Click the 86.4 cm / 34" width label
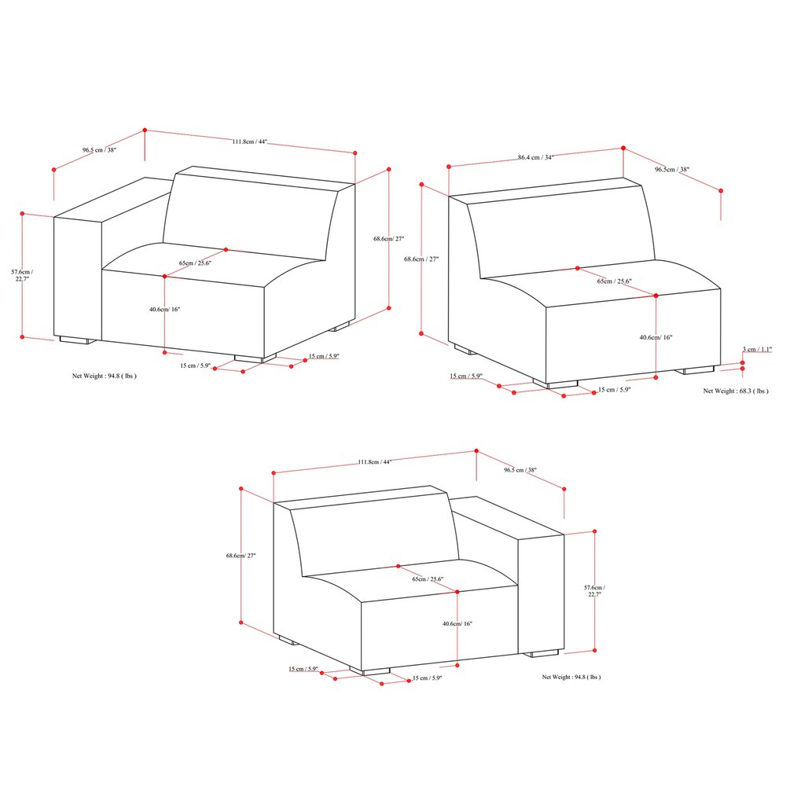536,157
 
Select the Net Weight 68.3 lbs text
735,391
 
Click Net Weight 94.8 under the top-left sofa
105,376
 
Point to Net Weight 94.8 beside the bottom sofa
571,677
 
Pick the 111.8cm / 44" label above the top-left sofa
250,141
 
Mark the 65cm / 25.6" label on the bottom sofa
427,579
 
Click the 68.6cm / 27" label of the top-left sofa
387,239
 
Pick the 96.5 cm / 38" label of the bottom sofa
520,470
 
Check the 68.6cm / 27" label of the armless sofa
422,259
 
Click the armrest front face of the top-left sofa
78,279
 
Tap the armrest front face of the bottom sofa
541,593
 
